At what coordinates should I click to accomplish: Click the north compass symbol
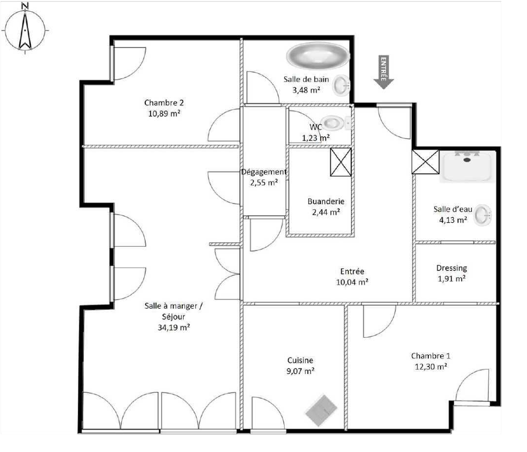tap(25, 29)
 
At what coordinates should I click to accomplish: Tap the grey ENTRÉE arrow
tap(383, 72)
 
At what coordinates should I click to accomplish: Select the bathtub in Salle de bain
tap(318, 55)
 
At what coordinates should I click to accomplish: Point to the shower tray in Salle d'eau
tap(467, 167)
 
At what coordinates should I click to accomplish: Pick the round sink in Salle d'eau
tap(483, 215)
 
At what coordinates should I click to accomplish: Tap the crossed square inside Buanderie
tap(341, 162)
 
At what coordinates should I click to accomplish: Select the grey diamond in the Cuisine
tap(321, 410)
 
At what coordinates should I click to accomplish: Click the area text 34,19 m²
tap(174, 327)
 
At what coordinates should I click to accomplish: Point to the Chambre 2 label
tap(164, 103)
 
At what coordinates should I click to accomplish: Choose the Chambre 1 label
tap(430, 356)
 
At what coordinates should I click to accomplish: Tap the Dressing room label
tap(452, 268)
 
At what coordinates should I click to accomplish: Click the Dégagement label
tap(264, 172)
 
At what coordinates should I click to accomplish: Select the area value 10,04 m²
tap(352, 282)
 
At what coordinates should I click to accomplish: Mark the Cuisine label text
tap(300, 360)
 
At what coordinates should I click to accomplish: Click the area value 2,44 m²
tap(326, 212)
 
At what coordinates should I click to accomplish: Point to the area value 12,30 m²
tap(430, 366)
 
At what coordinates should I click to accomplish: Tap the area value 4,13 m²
tap(453, 220)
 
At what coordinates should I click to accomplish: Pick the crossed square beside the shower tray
tap(426, 162)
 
